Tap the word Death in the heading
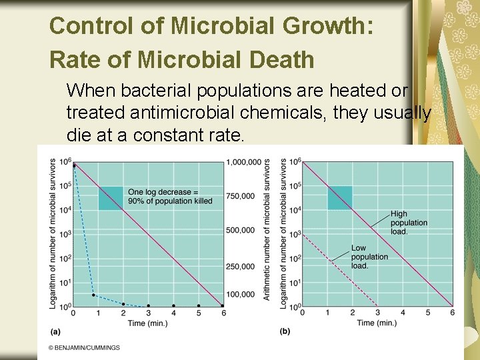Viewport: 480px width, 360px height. click(282, 59)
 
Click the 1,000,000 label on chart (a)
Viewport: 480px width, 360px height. click(244, 162)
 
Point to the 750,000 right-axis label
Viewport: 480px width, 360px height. click(240, 196)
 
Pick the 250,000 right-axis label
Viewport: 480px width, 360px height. click(240, 267)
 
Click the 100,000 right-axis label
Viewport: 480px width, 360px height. click(240, 295)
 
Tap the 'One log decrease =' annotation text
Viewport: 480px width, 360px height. click(163, 192)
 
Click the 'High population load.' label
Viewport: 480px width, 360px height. click(409, 223)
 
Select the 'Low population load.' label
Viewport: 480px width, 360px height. click(369, 257)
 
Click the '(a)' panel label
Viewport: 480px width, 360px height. click(55, 331)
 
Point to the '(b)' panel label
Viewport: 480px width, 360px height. click(285, 331)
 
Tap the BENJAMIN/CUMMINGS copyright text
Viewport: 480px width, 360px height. click(84, 348)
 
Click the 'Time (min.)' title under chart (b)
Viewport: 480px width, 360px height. click(377, 323)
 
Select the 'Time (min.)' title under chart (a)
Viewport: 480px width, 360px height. click(148, 323)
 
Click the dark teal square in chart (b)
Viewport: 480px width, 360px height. click(340, 198)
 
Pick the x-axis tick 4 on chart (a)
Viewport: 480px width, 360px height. click(173, 313)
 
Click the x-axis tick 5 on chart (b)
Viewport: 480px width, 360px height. click(427, 313)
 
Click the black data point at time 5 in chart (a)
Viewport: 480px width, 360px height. click(199, 305)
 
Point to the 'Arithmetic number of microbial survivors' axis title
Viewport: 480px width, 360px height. click(267, 229)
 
